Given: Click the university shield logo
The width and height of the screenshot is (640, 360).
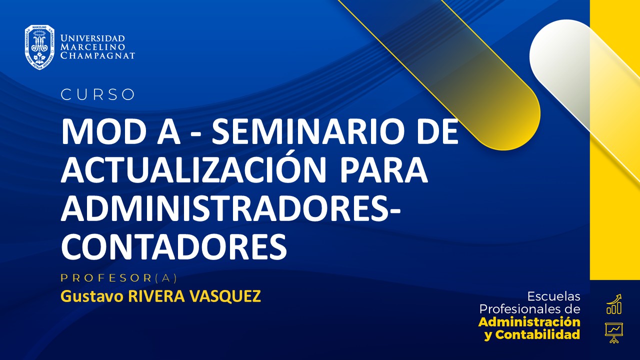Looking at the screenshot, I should coord(39,47).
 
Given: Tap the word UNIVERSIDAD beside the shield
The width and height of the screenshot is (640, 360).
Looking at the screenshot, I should coord(92,38).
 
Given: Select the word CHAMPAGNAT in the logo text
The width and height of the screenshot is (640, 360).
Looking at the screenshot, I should coord(97,56).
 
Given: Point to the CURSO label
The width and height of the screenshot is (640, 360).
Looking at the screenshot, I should coord(98,94).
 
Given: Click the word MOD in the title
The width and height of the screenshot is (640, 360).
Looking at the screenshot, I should coord(96,132).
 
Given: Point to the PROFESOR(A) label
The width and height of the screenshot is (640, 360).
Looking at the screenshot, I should coord(119,278).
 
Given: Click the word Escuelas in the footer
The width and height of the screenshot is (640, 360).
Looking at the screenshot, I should coord(554,296).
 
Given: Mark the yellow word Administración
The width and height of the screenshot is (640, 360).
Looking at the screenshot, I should coord(529,321).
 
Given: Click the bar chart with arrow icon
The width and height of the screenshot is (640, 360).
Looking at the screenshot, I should coord(614,304).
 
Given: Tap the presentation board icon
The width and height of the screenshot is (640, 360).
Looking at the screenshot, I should coord(613,332).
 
